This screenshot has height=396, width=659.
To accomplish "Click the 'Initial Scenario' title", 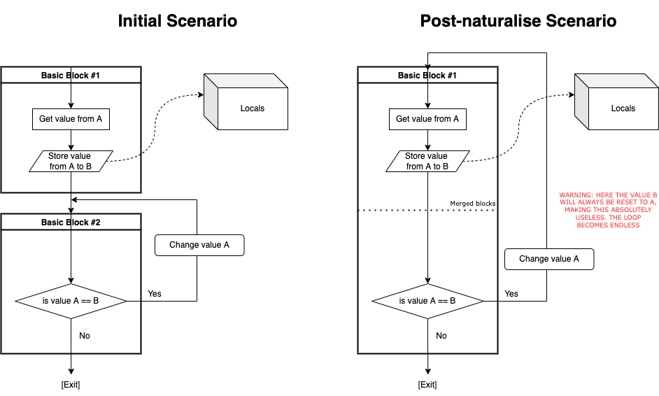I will tap(177, 21).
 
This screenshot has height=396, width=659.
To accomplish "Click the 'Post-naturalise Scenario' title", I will tap(518, 21).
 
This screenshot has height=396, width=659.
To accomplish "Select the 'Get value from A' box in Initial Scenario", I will tap(71, 119).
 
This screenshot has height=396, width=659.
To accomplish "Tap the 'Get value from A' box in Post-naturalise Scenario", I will tap(427, 119).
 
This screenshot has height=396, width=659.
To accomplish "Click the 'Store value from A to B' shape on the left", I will tap(71, 161).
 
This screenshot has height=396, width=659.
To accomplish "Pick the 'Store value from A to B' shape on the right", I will tap(427, 161).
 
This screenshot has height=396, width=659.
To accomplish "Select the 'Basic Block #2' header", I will tap(71, 222).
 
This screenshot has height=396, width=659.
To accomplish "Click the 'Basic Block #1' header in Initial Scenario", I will tap(71, 75).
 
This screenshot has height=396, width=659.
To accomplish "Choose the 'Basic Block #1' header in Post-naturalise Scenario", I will tap(427, 75).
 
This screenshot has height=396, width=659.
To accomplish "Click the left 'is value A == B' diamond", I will tap(71, 301).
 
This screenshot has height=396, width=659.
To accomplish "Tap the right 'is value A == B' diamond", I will tap(427, 301).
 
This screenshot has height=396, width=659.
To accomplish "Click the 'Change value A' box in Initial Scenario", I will tap(199, 245).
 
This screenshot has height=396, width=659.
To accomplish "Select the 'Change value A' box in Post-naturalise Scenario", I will tap(549, 259).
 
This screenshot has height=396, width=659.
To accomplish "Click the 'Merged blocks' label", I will tap(472, 204).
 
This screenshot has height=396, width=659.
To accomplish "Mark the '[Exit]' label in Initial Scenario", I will tap(71, 385).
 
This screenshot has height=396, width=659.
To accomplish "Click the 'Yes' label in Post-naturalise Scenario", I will tap(511, 294).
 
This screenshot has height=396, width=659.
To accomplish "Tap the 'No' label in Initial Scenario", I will tap(85, 336).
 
